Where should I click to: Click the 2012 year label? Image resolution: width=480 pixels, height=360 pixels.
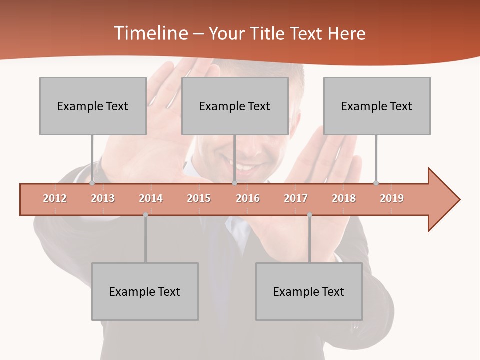click(55, 198)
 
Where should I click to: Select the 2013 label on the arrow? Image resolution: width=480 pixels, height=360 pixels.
click(103, 198)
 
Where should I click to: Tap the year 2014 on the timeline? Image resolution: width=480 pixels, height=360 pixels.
click(151, 198)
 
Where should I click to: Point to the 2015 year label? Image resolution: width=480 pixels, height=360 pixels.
click(199, 198)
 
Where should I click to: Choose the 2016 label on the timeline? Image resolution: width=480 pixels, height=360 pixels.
click(248, 198)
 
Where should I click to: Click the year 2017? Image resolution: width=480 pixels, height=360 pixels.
click(296, 198)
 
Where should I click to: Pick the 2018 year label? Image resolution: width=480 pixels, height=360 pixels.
click(344, 198)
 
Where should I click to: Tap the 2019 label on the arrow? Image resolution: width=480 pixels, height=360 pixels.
click(392, 198)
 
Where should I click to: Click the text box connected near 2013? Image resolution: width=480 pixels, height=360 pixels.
click(93, 106)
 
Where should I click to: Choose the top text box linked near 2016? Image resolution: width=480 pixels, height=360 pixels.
click(235, 106)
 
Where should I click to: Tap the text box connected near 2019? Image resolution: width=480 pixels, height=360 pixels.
click(377, 106)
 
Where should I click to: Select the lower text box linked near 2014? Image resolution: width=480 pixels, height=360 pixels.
click(145, 291)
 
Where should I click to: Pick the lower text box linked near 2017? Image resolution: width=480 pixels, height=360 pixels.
click(309, 291)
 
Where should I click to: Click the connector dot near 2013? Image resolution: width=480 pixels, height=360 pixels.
click(92, 183)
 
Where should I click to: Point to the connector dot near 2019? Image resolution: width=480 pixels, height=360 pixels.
click(376, 183)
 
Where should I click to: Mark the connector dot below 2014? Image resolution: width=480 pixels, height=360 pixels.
click(145, 215)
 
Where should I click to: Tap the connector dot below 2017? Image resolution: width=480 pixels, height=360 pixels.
click(309, 215)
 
